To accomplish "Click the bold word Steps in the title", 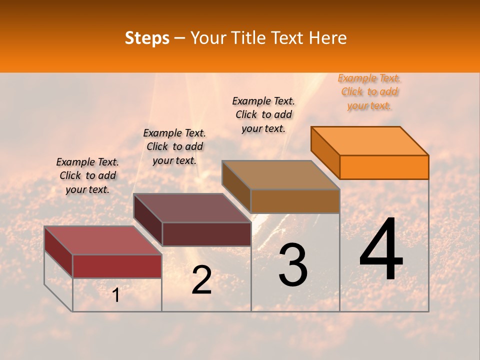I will (x=147, y=38).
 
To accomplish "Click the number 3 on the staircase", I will (x=292, y=265).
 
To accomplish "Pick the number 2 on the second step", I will (x=201, y=280).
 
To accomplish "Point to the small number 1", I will (x=115, y=295).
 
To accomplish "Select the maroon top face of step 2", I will (x=192, y=208).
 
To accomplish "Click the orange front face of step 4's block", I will (x=384, y=167).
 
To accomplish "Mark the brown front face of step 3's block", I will (x=295, y=201).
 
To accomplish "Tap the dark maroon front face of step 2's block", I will (x=206, y=234).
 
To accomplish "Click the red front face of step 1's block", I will (x=117, y=266).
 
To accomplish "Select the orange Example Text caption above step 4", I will (x=369, y=92).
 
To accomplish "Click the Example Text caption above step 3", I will (x=263, y=114).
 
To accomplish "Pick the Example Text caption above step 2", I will (x=174, y=146).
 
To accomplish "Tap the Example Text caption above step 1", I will (x=87, y=175).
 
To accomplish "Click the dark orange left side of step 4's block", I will (x=325, y=152).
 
